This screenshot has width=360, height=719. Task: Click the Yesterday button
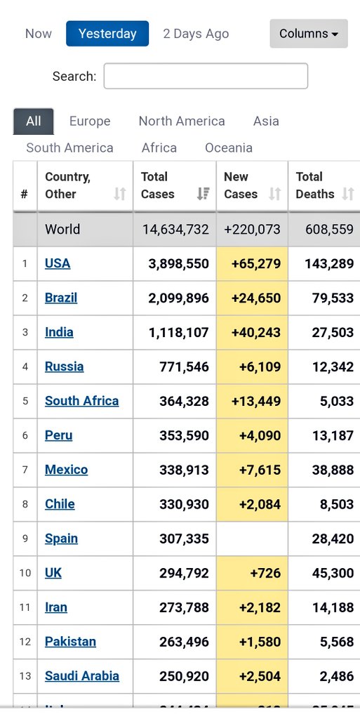tap(107, 34)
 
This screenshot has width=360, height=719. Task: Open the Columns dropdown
tap(308, 34)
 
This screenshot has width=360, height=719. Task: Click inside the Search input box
tap(206, 76)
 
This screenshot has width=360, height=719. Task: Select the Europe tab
tap(90, 121)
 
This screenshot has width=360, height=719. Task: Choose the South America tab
tap(69, 147)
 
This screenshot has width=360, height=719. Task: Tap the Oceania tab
tap(228, 147)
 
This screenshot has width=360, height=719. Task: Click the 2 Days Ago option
tap(196, 34)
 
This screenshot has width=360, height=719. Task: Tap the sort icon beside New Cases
tap(274, 194)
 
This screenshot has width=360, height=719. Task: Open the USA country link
tap(58, 263)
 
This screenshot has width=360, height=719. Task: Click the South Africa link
tap(81, 401)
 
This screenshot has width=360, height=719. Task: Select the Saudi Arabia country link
tap(81, 676)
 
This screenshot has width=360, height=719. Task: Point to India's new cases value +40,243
tap(256, 332)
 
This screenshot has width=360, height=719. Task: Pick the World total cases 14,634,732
tap(175, 229)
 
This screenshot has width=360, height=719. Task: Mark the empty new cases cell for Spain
tap(252, 539)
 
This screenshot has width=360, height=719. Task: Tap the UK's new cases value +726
tap(264, 573)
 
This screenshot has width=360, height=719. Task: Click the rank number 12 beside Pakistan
tap(25, 642)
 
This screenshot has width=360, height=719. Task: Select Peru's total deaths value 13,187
tap(333, 435)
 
